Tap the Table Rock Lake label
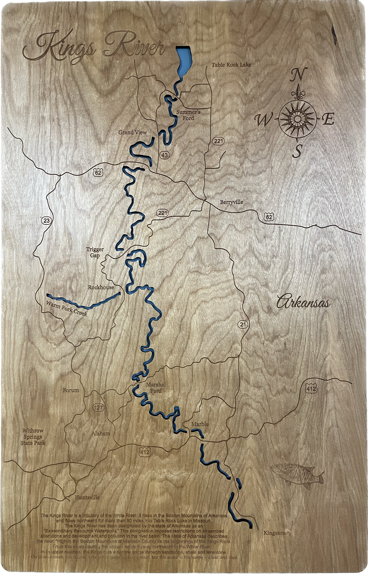(231, 65)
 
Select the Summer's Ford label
(188, 115)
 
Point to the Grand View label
(132, 132)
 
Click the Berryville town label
(232, 202)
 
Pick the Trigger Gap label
(95, 253)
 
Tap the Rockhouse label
(101, 287)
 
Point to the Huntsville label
(87, 497)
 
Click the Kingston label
(274, 532)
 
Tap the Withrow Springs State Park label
(32, 437)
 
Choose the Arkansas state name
(303, 303)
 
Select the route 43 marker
(165, 155)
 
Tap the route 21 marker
(243, 325)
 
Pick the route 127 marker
(98, 408)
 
